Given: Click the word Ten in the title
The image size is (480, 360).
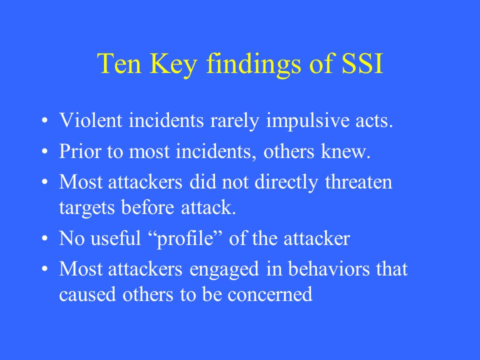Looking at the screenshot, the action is pyautogui.click(x=119, y=63).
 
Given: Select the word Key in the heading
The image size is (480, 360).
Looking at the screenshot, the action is pyautogui.click(x=173, y=65).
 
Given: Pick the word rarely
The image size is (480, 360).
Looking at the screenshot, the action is pyautogui.click(x=235, y=121).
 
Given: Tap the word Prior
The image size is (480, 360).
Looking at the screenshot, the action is pyautogui.click(x=79, y=151).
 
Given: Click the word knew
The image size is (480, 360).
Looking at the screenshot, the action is pyautogui.click(x=345, y=151).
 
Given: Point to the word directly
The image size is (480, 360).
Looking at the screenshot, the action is pyautogui.click(x=286, y=183).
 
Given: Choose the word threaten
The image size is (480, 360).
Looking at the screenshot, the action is pyautogui.click(x=358, y=181).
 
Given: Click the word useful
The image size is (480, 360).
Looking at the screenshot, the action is pyautogui.click(x=115, y=238).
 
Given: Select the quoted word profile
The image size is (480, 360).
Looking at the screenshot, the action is pyautogui.click(x=185, y=239).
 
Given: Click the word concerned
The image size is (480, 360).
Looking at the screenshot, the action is pyautogui.click(x=269, y=294).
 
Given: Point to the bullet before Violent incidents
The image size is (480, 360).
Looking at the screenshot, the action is pyautogui.click(x=45, y=120).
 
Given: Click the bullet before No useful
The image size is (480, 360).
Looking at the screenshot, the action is pyautogui.click(x=45, y=238).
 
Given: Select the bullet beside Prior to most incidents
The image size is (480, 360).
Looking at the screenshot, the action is pyautogui.click(x=45, y=151).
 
